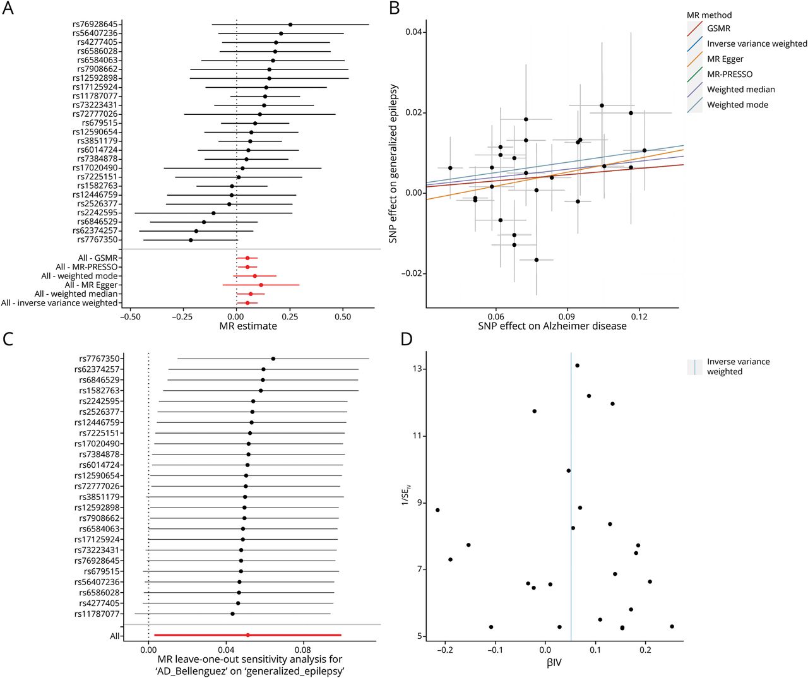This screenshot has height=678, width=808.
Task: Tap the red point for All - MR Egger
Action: tap(261, 285)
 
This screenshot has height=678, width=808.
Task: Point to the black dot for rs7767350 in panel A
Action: tap(191, 240)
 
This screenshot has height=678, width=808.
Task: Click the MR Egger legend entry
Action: tap(725, 59)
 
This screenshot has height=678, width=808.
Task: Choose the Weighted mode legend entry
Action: tap(737, 105)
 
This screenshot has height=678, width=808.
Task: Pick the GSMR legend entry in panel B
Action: tap(718, 28)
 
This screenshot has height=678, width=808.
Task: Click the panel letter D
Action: tap(407, 339)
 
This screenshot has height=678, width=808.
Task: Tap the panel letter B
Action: tap(395, 8)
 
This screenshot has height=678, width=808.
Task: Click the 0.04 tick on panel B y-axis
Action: tap(413, 32)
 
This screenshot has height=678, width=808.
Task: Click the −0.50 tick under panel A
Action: tap(130, 316)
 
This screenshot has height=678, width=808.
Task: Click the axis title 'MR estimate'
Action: tap(248, 326)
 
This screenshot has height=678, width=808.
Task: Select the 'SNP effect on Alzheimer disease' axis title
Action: tap(552, 326)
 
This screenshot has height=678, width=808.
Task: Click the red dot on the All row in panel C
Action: tap(247, 635)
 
